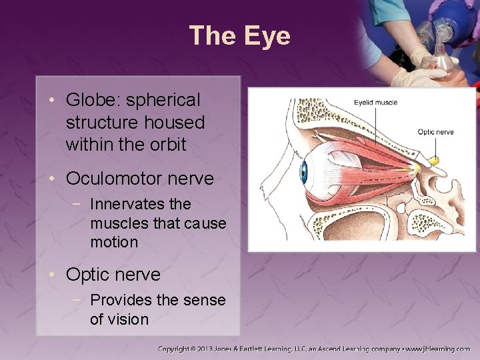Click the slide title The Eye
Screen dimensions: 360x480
(x=239, y=35)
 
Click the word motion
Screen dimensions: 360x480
(x=114, y=242)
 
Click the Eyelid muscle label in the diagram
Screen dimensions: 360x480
(x=375, y=103)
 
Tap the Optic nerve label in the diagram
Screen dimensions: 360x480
(x=435, y=132)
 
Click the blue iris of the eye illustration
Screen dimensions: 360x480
(x=303, y=172)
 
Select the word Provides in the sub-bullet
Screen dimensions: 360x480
(x=119, y=300)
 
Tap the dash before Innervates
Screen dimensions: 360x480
(x=80, y=204)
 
